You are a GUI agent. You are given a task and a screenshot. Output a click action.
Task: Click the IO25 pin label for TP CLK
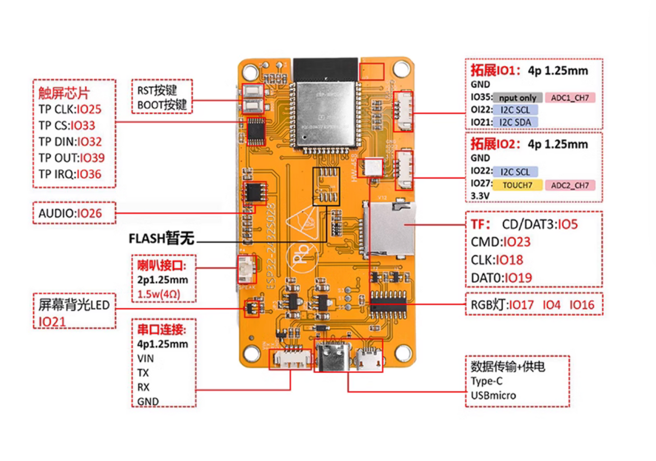coord(89,110)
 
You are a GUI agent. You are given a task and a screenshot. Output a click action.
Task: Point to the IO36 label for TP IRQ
coord(89,174)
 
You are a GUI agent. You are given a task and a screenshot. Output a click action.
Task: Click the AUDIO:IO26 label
coord(70,213)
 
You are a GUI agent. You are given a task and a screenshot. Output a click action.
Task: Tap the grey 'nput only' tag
coord(518,98)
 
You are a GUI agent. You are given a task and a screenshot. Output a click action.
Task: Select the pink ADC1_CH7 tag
coord(570,98)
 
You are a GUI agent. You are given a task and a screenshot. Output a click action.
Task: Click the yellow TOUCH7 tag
coord(517,185)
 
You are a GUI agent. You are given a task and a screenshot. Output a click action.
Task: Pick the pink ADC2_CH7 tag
coord(570,185)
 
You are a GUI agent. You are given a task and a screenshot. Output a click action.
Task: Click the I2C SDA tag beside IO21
coord(515,122)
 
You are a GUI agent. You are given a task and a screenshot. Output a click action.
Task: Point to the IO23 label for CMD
coord(517,242)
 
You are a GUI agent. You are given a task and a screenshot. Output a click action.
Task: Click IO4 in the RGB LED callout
coord(551,305)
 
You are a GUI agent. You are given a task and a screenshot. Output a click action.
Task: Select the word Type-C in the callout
coord(486,381)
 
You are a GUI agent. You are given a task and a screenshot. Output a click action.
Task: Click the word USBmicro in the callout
coord(493,396)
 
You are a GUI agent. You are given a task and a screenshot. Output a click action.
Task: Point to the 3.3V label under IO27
coord(480,196)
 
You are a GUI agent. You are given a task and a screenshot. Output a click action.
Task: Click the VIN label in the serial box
coord(145,358)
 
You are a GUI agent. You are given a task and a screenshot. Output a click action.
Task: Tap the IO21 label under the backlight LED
coord(52,322)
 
